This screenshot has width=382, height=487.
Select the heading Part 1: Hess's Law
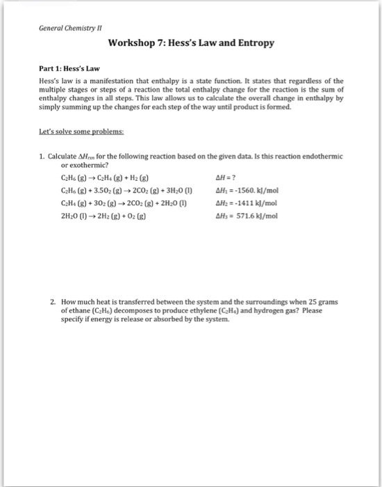69,70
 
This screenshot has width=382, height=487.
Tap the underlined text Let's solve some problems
79,129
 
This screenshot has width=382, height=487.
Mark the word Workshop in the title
133,43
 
